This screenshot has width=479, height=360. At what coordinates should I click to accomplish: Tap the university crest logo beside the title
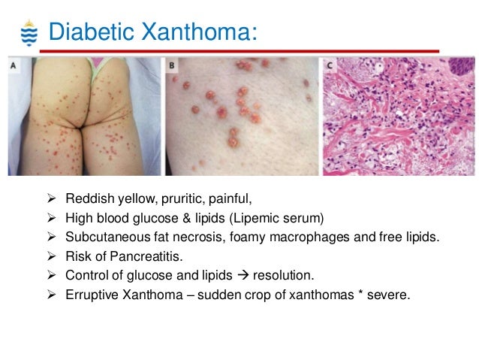coord(28,33)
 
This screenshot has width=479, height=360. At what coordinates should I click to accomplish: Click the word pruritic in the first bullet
coord(179,199)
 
